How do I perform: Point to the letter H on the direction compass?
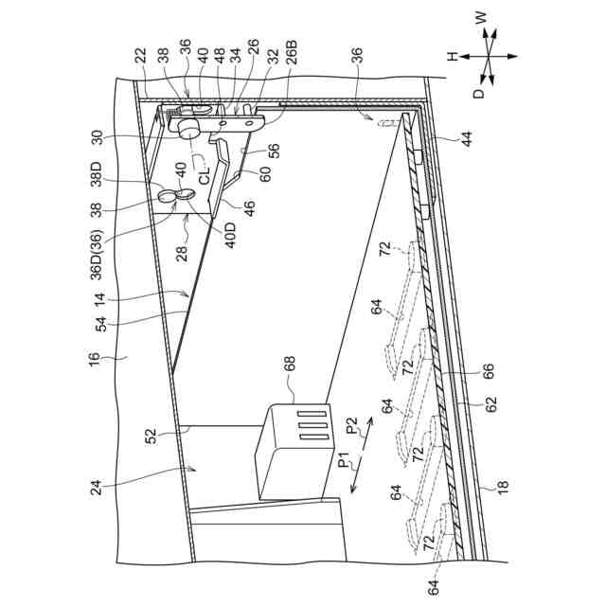(x=453, y=56)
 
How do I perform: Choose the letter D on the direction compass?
(x=480, y=94)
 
